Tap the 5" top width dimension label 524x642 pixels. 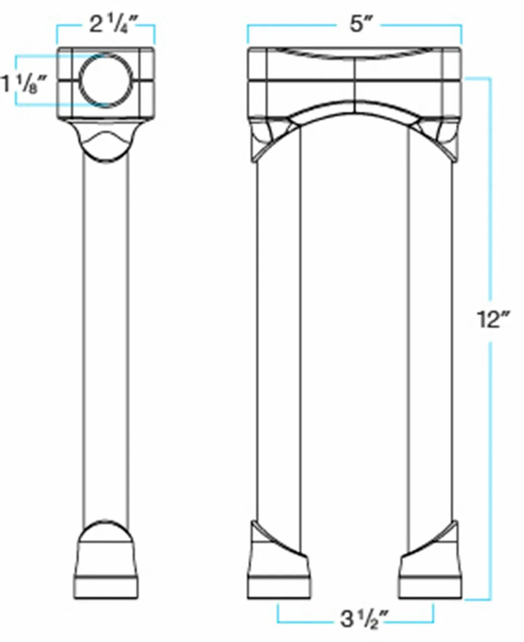click(x=357, y=24)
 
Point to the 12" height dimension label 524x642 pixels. click(x=490, y=320)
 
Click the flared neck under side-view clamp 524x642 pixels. click(x=106, y=141)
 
